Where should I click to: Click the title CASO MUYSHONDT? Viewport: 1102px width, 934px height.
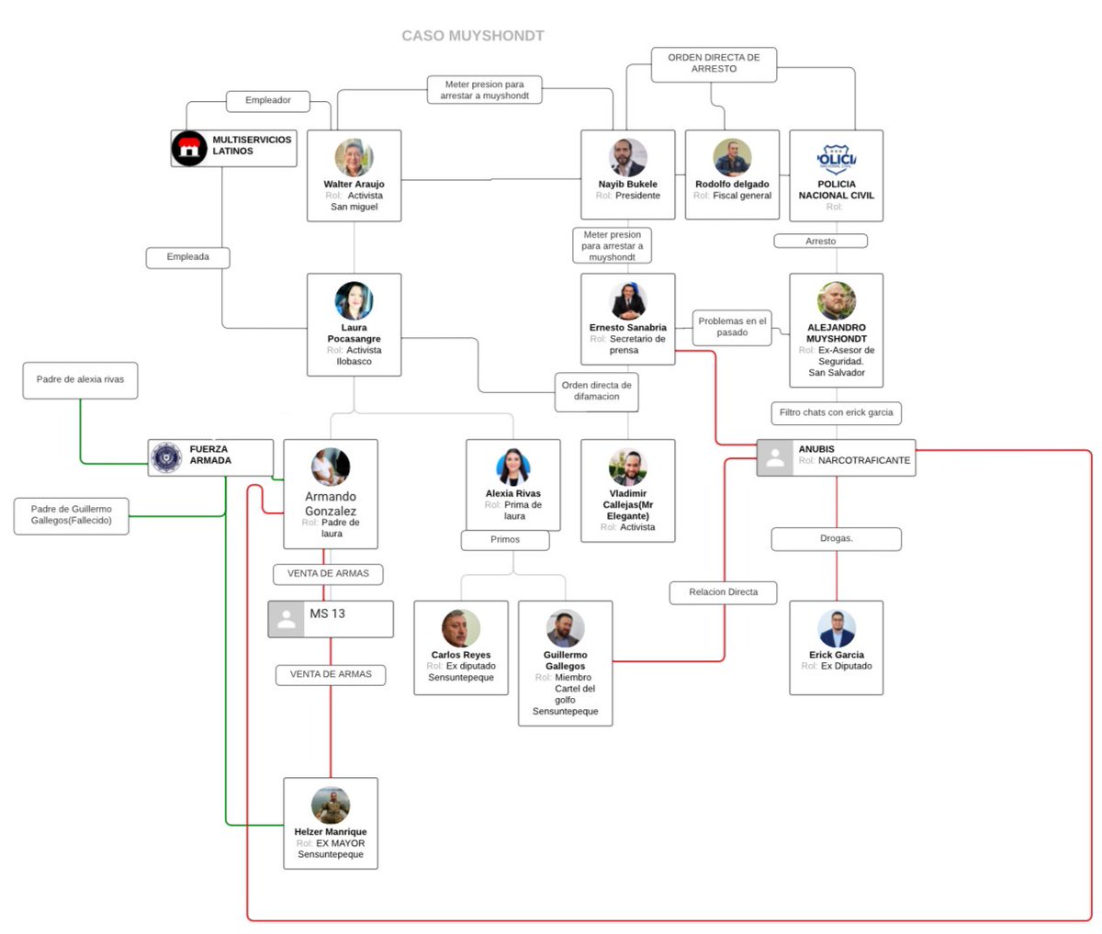(x=472, y=36)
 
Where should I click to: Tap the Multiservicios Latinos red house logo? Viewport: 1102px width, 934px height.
(x=189, y=148)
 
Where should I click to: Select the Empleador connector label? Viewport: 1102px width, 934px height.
(x=267, y=101)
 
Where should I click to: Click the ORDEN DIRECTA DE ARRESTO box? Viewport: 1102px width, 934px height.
(x=714, y=64)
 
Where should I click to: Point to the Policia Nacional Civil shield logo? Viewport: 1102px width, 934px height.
(x=836, y=158)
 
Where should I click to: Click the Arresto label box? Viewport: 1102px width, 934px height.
(x=820, y=241)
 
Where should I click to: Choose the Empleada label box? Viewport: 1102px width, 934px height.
(x=187, y=257)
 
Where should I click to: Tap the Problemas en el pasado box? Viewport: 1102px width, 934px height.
(x=732, y=327)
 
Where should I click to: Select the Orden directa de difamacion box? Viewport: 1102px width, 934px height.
(x=596, y=392)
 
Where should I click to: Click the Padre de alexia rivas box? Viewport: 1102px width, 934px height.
(x=80, y=380)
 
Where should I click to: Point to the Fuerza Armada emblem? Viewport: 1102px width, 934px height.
(x=166, y=457)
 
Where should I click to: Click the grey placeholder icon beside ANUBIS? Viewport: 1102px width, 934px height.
(x=775, y=457)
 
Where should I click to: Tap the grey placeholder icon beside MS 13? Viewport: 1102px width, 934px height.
(x=287, y=619)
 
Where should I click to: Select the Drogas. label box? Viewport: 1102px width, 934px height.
(x=836, y=539)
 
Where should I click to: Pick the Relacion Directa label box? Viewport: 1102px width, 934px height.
(x=723, y=592)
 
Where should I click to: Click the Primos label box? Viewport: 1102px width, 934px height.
(x=505, y=540)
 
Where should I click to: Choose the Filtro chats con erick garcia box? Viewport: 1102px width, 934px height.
(x=836, y=413)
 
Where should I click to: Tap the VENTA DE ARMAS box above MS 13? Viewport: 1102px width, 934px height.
(x=328, y=574)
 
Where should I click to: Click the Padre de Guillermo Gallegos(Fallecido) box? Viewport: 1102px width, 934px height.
(x=71, y=516)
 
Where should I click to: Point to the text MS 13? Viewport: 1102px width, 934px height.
(x=327, y=613)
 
